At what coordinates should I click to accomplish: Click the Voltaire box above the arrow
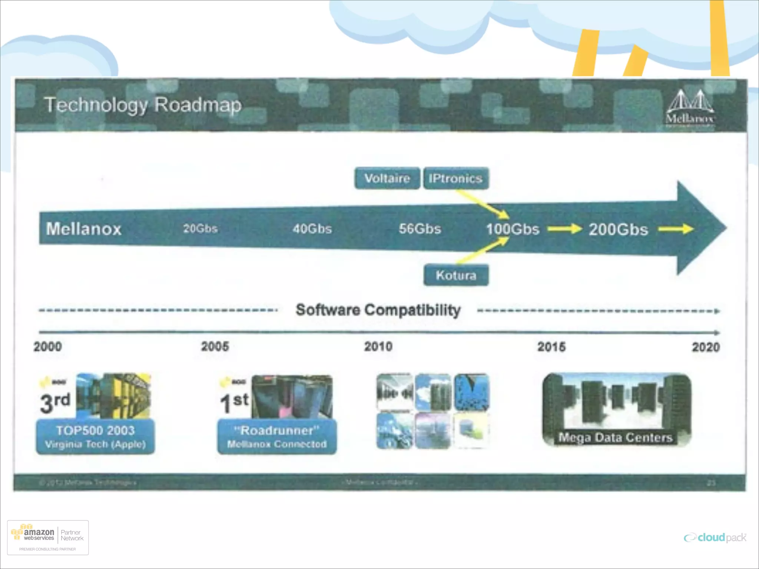point(387,179)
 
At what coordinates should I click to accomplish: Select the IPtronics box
point(456,179)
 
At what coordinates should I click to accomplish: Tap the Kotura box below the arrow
point(456,275)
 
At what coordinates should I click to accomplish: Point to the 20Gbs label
point(200,229)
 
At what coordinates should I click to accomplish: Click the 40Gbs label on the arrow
point(312,229)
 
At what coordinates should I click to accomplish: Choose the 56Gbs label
point(420,229)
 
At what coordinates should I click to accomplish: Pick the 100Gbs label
point(513,229)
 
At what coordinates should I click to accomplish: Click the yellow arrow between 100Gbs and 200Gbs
point(564,229)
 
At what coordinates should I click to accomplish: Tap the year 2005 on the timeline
point(215,347)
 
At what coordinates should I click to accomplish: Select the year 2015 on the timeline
point(551,347)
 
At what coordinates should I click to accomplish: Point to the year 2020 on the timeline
point(706,347)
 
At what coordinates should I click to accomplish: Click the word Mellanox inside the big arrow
point(84,229)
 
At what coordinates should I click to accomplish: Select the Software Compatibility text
point(378,310)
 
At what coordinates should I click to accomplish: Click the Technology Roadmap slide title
point(143,105)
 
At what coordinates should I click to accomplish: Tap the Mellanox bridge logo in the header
point(690,107)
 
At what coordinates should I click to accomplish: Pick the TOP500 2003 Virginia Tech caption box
point(95,436)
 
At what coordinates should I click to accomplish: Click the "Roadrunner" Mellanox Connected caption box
point(277,436)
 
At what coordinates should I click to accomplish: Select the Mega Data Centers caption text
point(615,437)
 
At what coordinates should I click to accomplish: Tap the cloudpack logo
point(715,538)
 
